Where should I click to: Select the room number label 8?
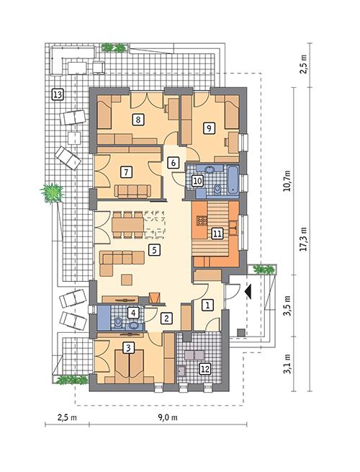pyautogui.click(x=138, y=120)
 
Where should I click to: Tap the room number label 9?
pyautogui.click(x=210, y=128)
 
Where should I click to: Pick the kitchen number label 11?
pyautogui.click(x=216, y=232)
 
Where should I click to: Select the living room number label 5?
pyautogui.click(x=153, y=250)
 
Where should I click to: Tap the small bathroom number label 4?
pyautogui.click(x=132, y=313)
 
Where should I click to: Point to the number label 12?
pyautogui.click(x=205, y=369)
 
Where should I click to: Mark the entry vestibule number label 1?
pyautogui.click(x=207, y=304)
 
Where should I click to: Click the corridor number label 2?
pyautogui.click(x=166, y=318)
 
